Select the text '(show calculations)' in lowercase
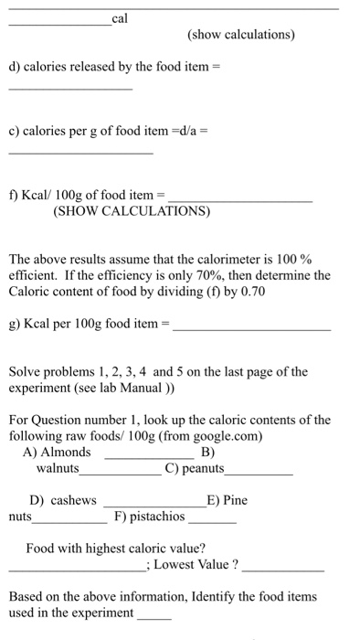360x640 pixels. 241,35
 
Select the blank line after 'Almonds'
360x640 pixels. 149,455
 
